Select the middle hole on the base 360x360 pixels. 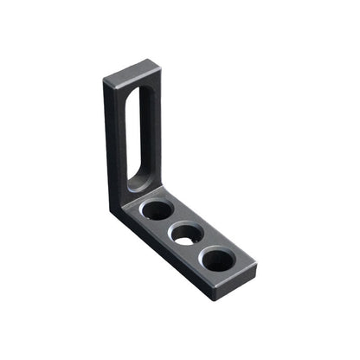[x=187, y=234]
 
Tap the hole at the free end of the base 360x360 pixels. [x=217, y=259]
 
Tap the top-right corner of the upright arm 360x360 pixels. [x=159, y=62]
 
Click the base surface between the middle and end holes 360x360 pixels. [x=202, y=247]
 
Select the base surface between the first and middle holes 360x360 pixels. [x=172, y=222]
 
